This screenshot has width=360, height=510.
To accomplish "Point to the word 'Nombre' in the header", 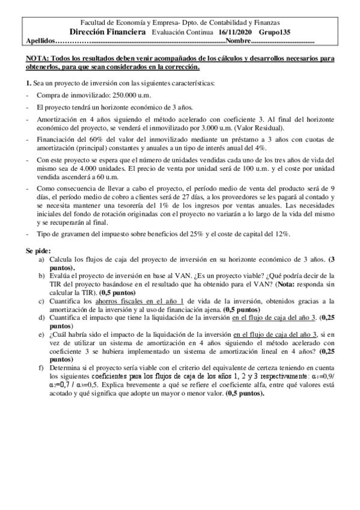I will [238, 41].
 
